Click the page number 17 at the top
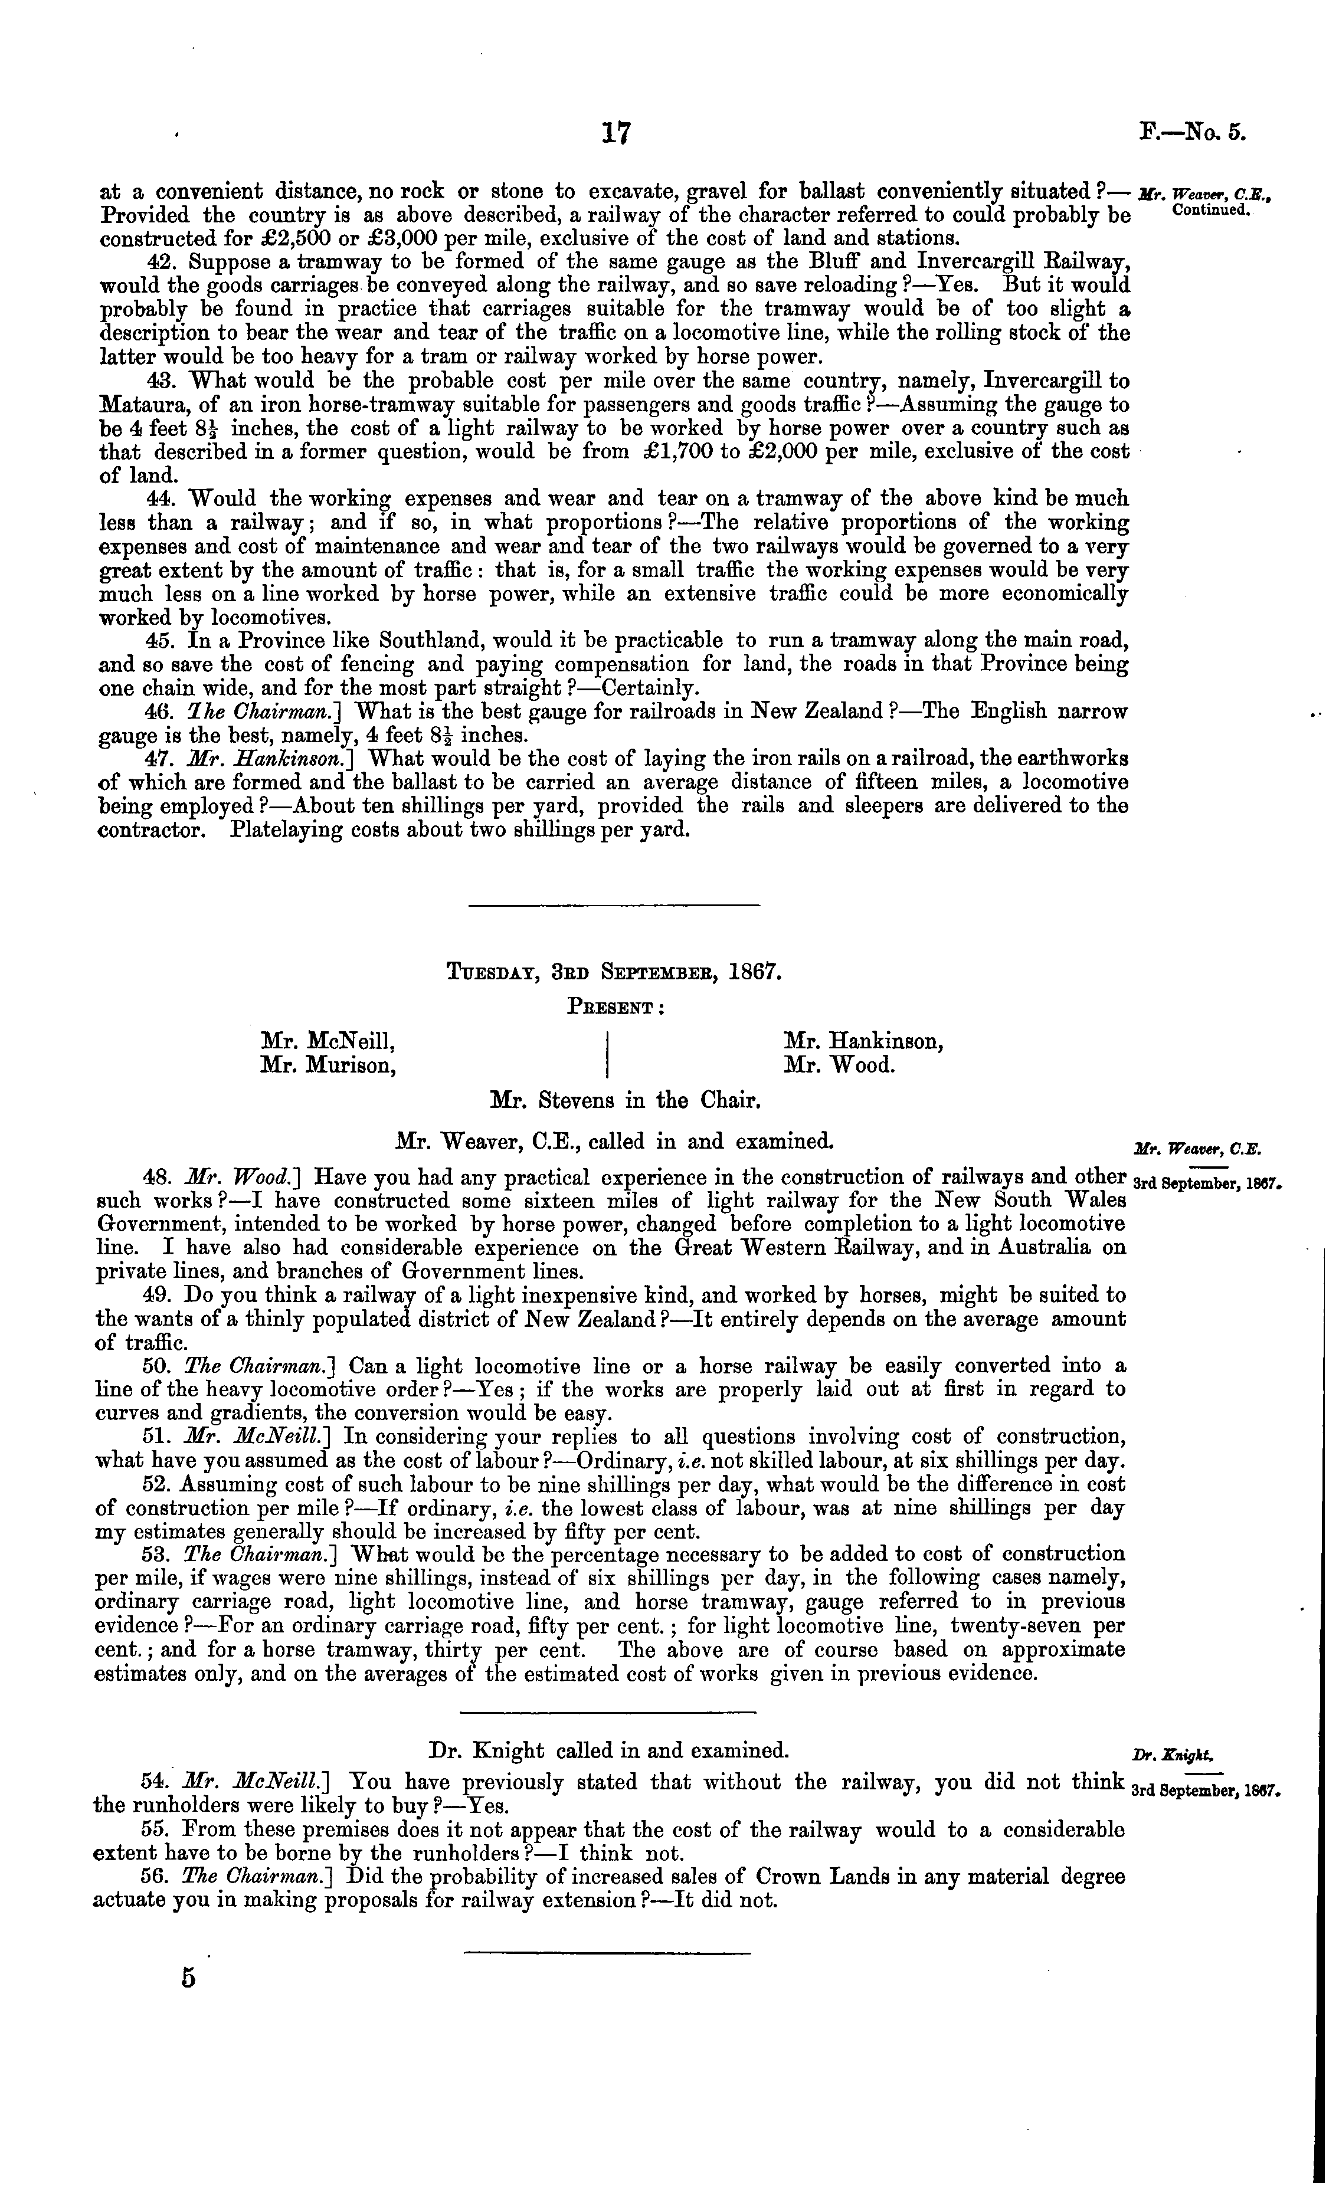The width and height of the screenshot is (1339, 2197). click(616, 134)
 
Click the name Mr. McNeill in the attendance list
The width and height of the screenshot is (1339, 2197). click(328, 1041)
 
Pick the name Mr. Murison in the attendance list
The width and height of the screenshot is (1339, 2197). click(328, 1065)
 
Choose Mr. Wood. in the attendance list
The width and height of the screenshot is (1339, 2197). click(839, 1065)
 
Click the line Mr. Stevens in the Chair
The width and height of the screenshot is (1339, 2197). click(626, 1101)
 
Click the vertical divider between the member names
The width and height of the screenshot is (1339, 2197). click(607, 1053)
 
